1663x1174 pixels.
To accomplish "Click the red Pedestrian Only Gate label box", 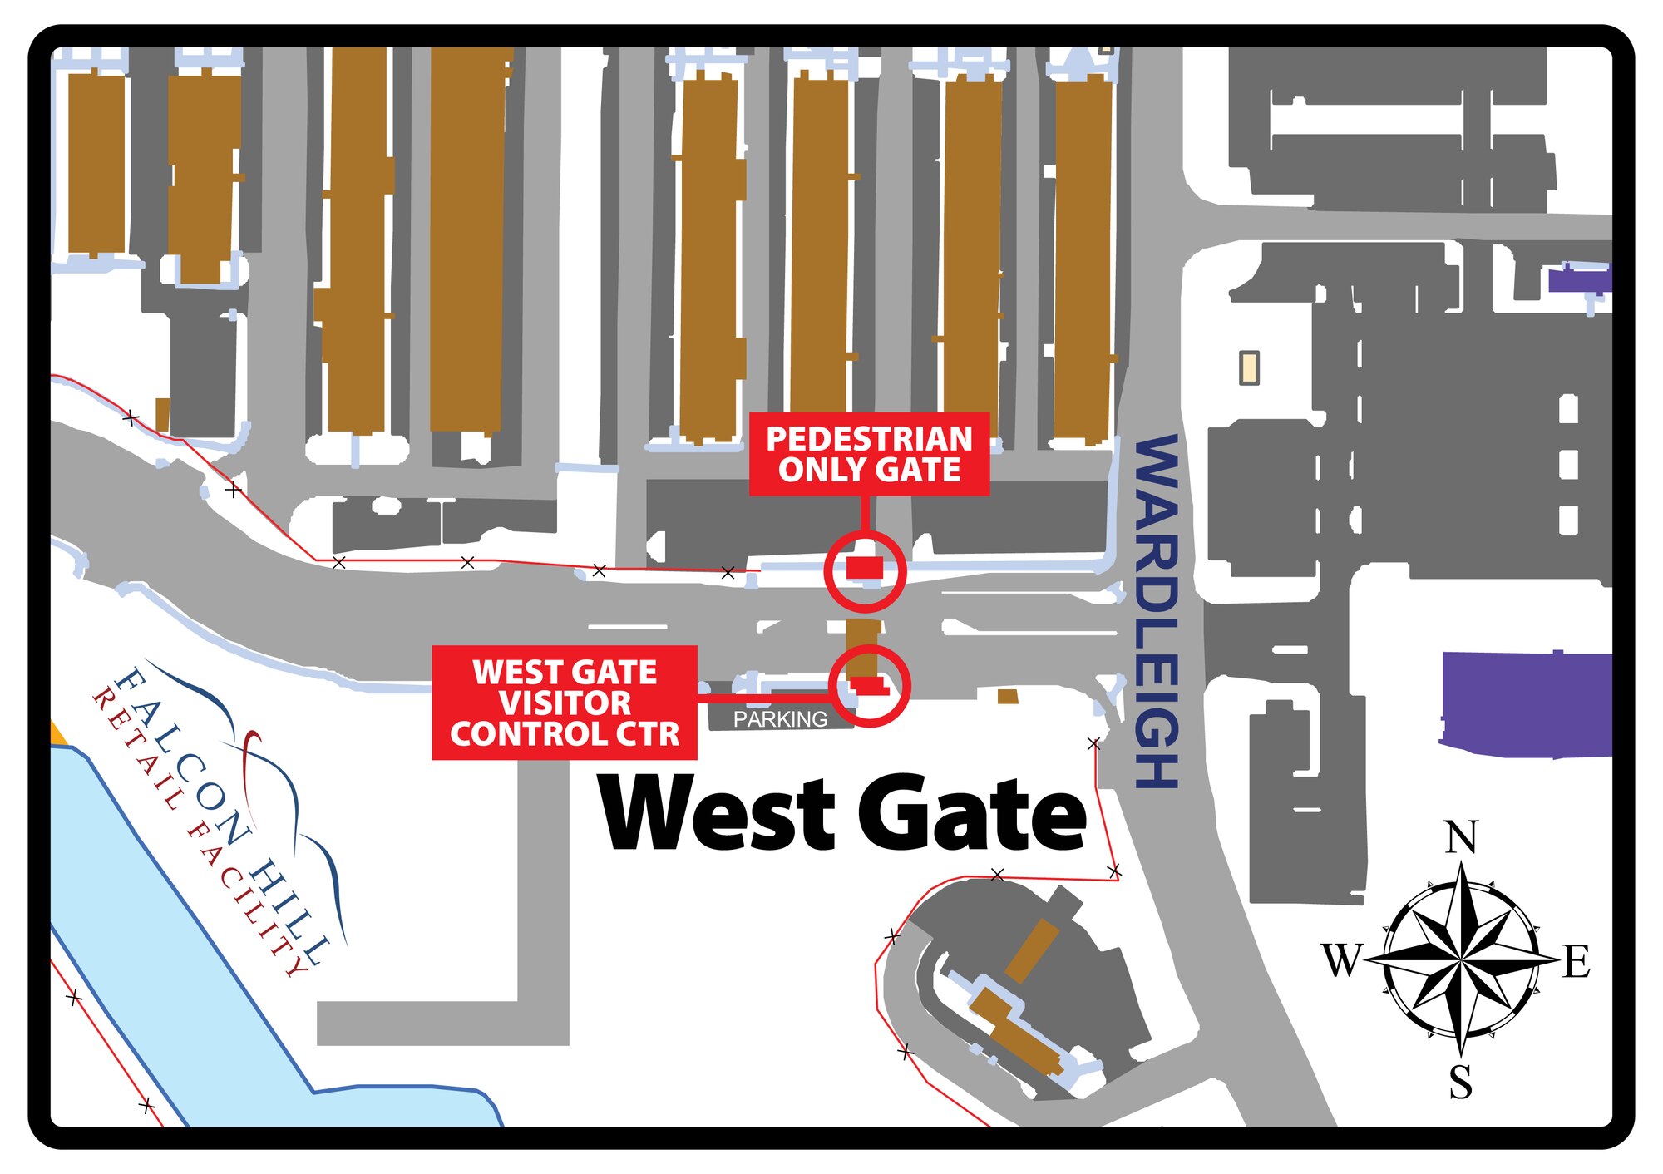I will (869, 454).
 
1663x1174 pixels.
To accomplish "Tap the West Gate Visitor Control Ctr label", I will (564, 703).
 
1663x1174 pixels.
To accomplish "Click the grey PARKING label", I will (780, 719).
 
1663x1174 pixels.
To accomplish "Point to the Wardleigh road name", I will (1157, 611).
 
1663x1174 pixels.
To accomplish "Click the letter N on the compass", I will (1461, 837).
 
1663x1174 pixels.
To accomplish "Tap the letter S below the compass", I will (1461, 1083).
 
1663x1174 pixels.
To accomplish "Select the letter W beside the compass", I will (1341, 960).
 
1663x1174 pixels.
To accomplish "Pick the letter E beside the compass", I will (1577, 962).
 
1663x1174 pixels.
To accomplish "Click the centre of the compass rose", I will (1461, 960).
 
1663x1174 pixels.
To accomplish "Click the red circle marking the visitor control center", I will (870, 686).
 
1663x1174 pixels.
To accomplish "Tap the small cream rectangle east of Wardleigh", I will (1249, 367).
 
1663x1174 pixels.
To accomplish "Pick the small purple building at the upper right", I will (1577, 279).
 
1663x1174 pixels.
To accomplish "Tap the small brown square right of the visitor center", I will (1008, 696).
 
